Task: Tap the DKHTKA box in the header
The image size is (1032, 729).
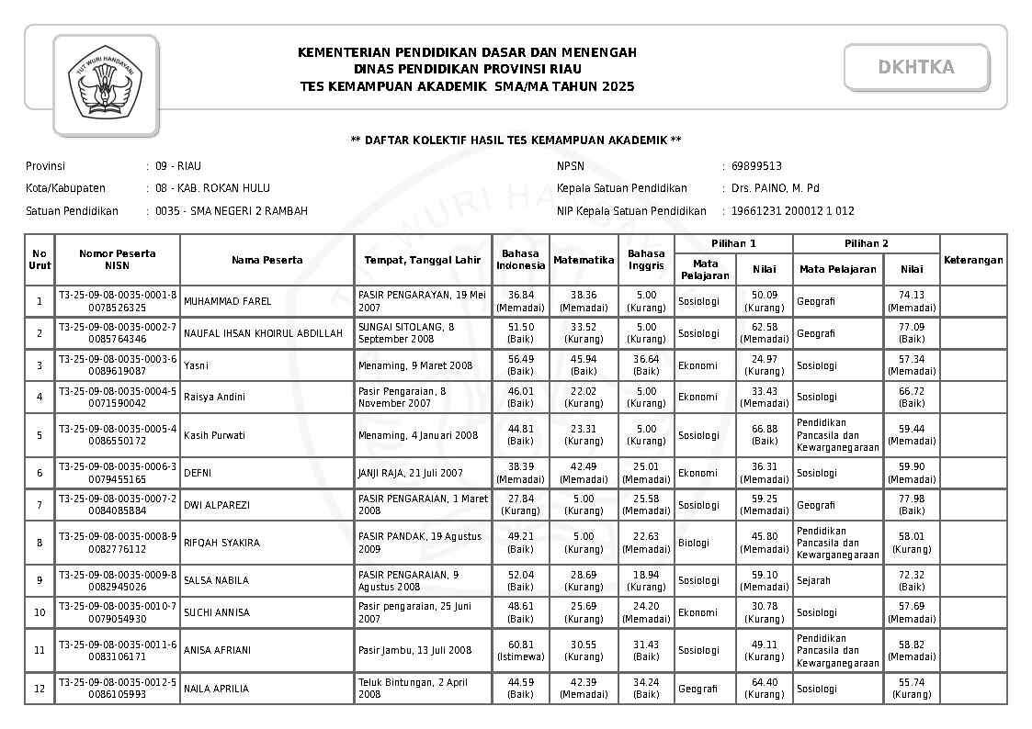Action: pos(915,67)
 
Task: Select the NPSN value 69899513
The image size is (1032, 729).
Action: pos(756,166)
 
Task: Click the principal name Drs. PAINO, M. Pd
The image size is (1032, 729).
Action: pos(775,188)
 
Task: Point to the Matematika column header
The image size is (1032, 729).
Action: pos(584,260)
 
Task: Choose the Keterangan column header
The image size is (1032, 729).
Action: pos(972,260)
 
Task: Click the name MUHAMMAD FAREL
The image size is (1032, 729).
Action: pos(228,301)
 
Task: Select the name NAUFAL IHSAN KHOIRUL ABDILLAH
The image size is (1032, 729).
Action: pos(263,333)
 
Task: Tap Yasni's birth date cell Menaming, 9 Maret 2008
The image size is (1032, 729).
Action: pos(415,365)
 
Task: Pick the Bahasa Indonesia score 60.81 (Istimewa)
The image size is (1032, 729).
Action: pos(521,650)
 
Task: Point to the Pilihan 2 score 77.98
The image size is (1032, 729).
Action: pos(911,505)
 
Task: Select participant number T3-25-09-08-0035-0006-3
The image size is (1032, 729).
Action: pos(117,466)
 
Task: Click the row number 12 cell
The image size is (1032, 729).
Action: pos(39,689)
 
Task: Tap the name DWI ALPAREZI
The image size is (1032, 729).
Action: pos(217,505)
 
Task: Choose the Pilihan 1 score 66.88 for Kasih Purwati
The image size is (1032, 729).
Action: pos(764,435)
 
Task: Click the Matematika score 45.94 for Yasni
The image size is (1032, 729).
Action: pos(584,365)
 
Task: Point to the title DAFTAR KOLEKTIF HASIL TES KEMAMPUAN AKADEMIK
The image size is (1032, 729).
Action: pos(516,140)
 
